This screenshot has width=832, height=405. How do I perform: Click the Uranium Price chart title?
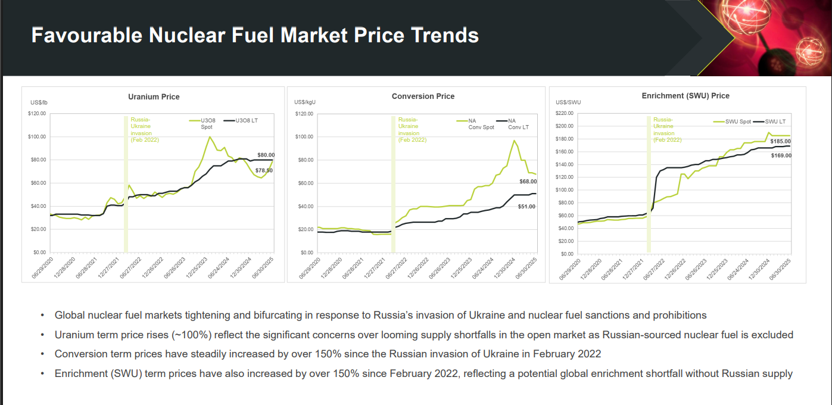click(154, 96)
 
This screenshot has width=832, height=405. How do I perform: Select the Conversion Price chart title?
click(423, 96)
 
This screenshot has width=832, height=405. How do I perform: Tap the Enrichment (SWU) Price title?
click(685, 95)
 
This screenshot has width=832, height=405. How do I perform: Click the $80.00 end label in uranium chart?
click(266, 155)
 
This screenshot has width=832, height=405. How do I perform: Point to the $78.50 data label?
click(264, 170)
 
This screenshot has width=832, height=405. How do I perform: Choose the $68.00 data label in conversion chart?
click(528, 181)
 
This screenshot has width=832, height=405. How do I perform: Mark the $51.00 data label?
click(526, 207)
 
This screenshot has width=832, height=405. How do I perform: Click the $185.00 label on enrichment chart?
click(780, 142)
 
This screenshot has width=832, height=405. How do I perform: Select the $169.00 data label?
click(781, 155)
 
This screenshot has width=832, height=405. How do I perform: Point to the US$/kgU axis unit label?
click(305, 102)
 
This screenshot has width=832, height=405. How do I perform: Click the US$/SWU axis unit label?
click(568, 102)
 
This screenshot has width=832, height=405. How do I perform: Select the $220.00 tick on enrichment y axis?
click(564, 113)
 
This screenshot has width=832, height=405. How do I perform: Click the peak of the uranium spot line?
click(209, 137)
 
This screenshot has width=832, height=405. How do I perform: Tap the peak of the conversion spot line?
click(514, 141)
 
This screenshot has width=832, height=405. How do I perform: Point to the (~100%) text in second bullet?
click(190, 335)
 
